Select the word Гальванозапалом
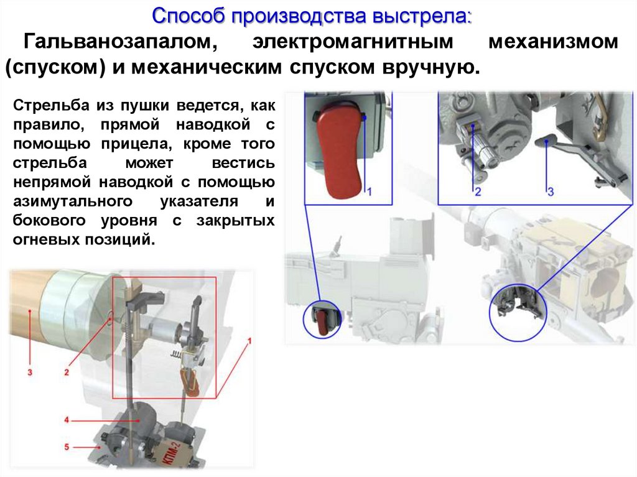[x=121, y=42]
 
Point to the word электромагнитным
[x=353, y=42]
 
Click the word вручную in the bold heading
[x=431, y=67]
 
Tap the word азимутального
[x=73, y=201]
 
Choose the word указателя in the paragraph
[x=199, y=201]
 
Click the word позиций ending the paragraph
[x=120, y=239]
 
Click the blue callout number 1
[x=370, y=192]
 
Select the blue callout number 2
[x=478, y=192]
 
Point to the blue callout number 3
[x=551, y=192]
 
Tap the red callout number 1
[x=249, y=341]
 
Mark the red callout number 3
[x=30, y=372]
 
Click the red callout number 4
[x=67, y=420]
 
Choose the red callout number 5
[x=67, y=447]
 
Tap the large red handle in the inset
[x=338, y=151]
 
